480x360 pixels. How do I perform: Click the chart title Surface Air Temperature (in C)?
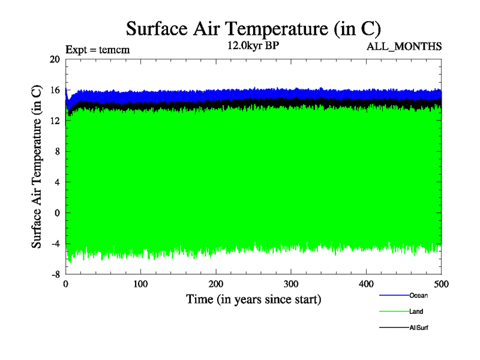[x=253, y=28]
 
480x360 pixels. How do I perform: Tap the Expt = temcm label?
[x=97, y=50]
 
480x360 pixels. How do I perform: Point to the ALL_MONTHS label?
[x=404, y=46]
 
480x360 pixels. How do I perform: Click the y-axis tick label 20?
[x=55, y=59]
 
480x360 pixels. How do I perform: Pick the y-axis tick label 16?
[x=55, y=90]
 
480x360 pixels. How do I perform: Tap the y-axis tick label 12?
[x=55, y=121]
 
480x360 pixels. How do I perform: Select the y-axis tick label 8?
[x=57, y=152]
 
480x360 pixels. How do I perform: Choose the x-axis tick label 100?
[x=140, y=284]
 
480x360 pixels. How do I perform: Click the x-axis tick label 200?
[x=216, y=284]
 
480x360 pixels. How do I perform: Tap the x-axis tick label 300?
[x=291, y=284]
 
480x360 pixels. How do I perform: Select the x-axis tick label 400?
[x=366, y=284]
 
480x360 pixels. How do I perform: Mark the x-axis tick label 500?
[x=441, y=284]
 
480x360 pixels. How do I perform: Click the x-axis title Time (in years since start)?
[x=253, y=298]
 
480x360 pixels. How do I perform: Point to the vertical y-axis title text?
[x=37, y=166]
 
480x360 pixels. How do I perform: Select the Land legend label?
[x=416, y=311]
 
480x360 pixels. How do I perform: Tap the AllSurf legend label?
[x=419, y=328]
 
